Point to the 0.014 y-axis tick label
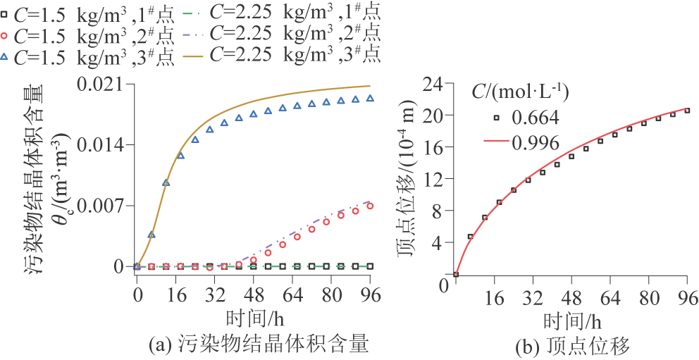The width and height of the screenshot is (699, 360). (x=106, y=144)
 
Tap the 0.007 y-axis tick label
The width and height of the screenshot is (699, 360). (x=106, y=206)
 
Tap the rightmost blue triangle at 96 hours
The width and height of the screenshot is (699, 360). (x=371, y=99)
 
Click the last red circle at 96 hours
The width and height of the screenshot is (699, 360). (x=371, y=206)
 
